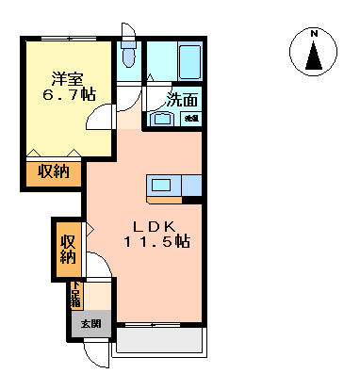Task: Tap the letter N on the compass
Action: click(314, 35)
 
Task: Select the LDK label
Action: click(152, 227)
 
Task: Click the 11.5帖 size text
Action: click(156, 243)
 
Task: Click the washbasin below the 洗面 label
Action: click(161, 119)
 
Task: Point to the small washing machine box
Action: click(191, 119)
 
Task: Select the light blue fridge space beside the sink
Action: click(191, 186)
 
